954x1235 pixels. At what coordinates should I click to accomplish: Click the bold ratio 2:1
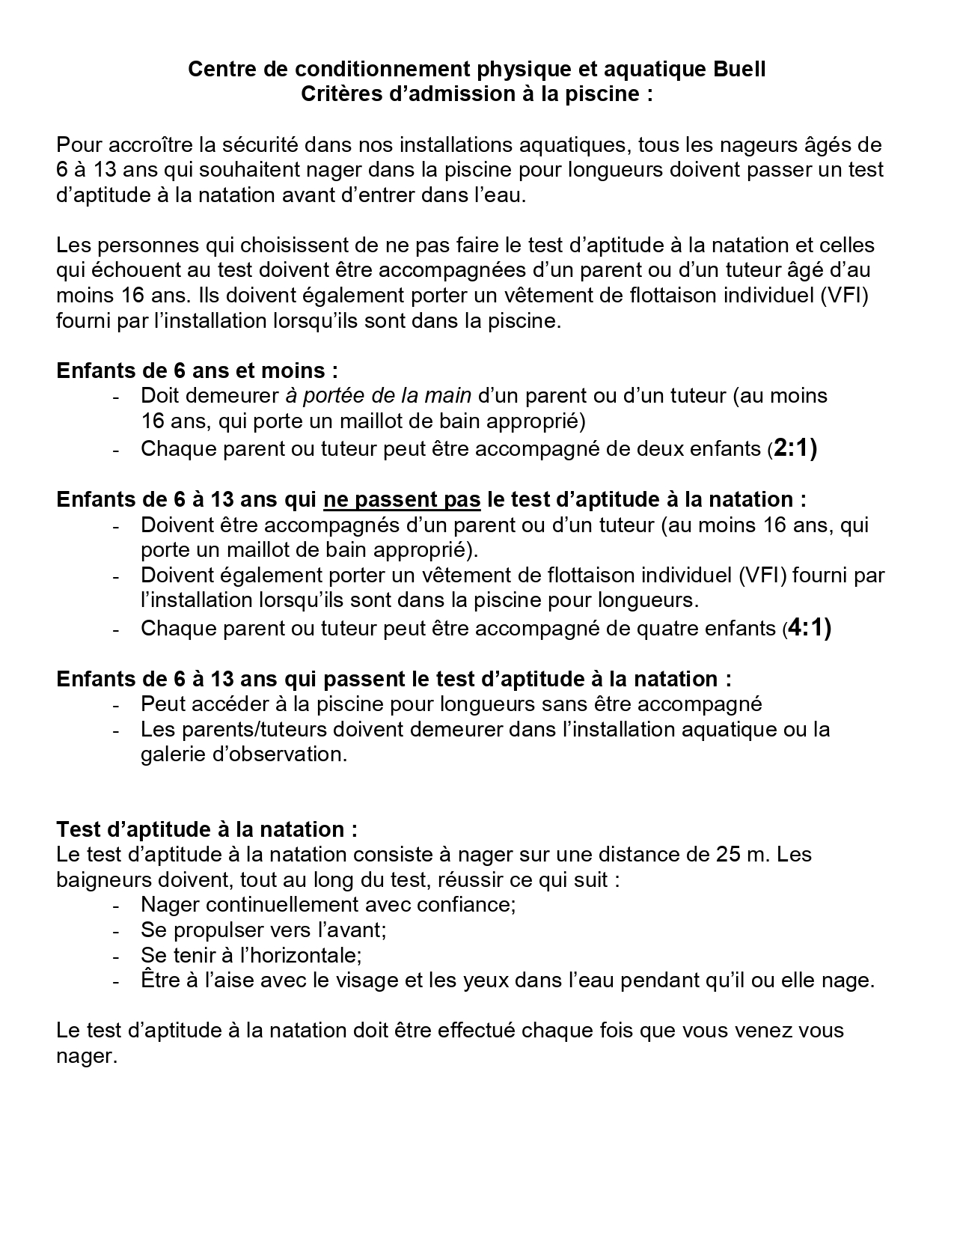tap(795, 449)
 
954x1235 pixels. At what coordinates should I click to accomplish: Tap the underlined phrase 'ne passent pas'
tap(402, 499)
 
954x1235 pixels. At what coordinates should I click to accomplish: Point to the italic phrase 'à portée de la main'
tap(378, 395)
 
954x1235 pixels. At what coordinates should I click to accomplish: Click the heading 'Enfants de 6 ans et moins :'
tap(197, 370)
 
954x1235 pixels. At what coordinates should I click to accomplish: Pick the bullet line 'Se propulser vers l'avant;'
tap(263, 930)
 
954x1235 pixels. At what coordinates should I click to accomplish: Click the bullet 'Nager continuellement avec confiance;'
tap(328, 904)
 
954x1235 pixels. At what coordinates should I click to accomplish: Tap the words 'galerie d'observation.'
tap(244, 754)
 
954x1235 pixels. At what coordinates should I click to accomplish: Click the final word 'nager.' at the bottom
tap(87, 1056)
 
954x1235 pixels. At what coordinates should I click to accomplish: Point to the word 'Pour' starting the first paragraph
tap(81, 144)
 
